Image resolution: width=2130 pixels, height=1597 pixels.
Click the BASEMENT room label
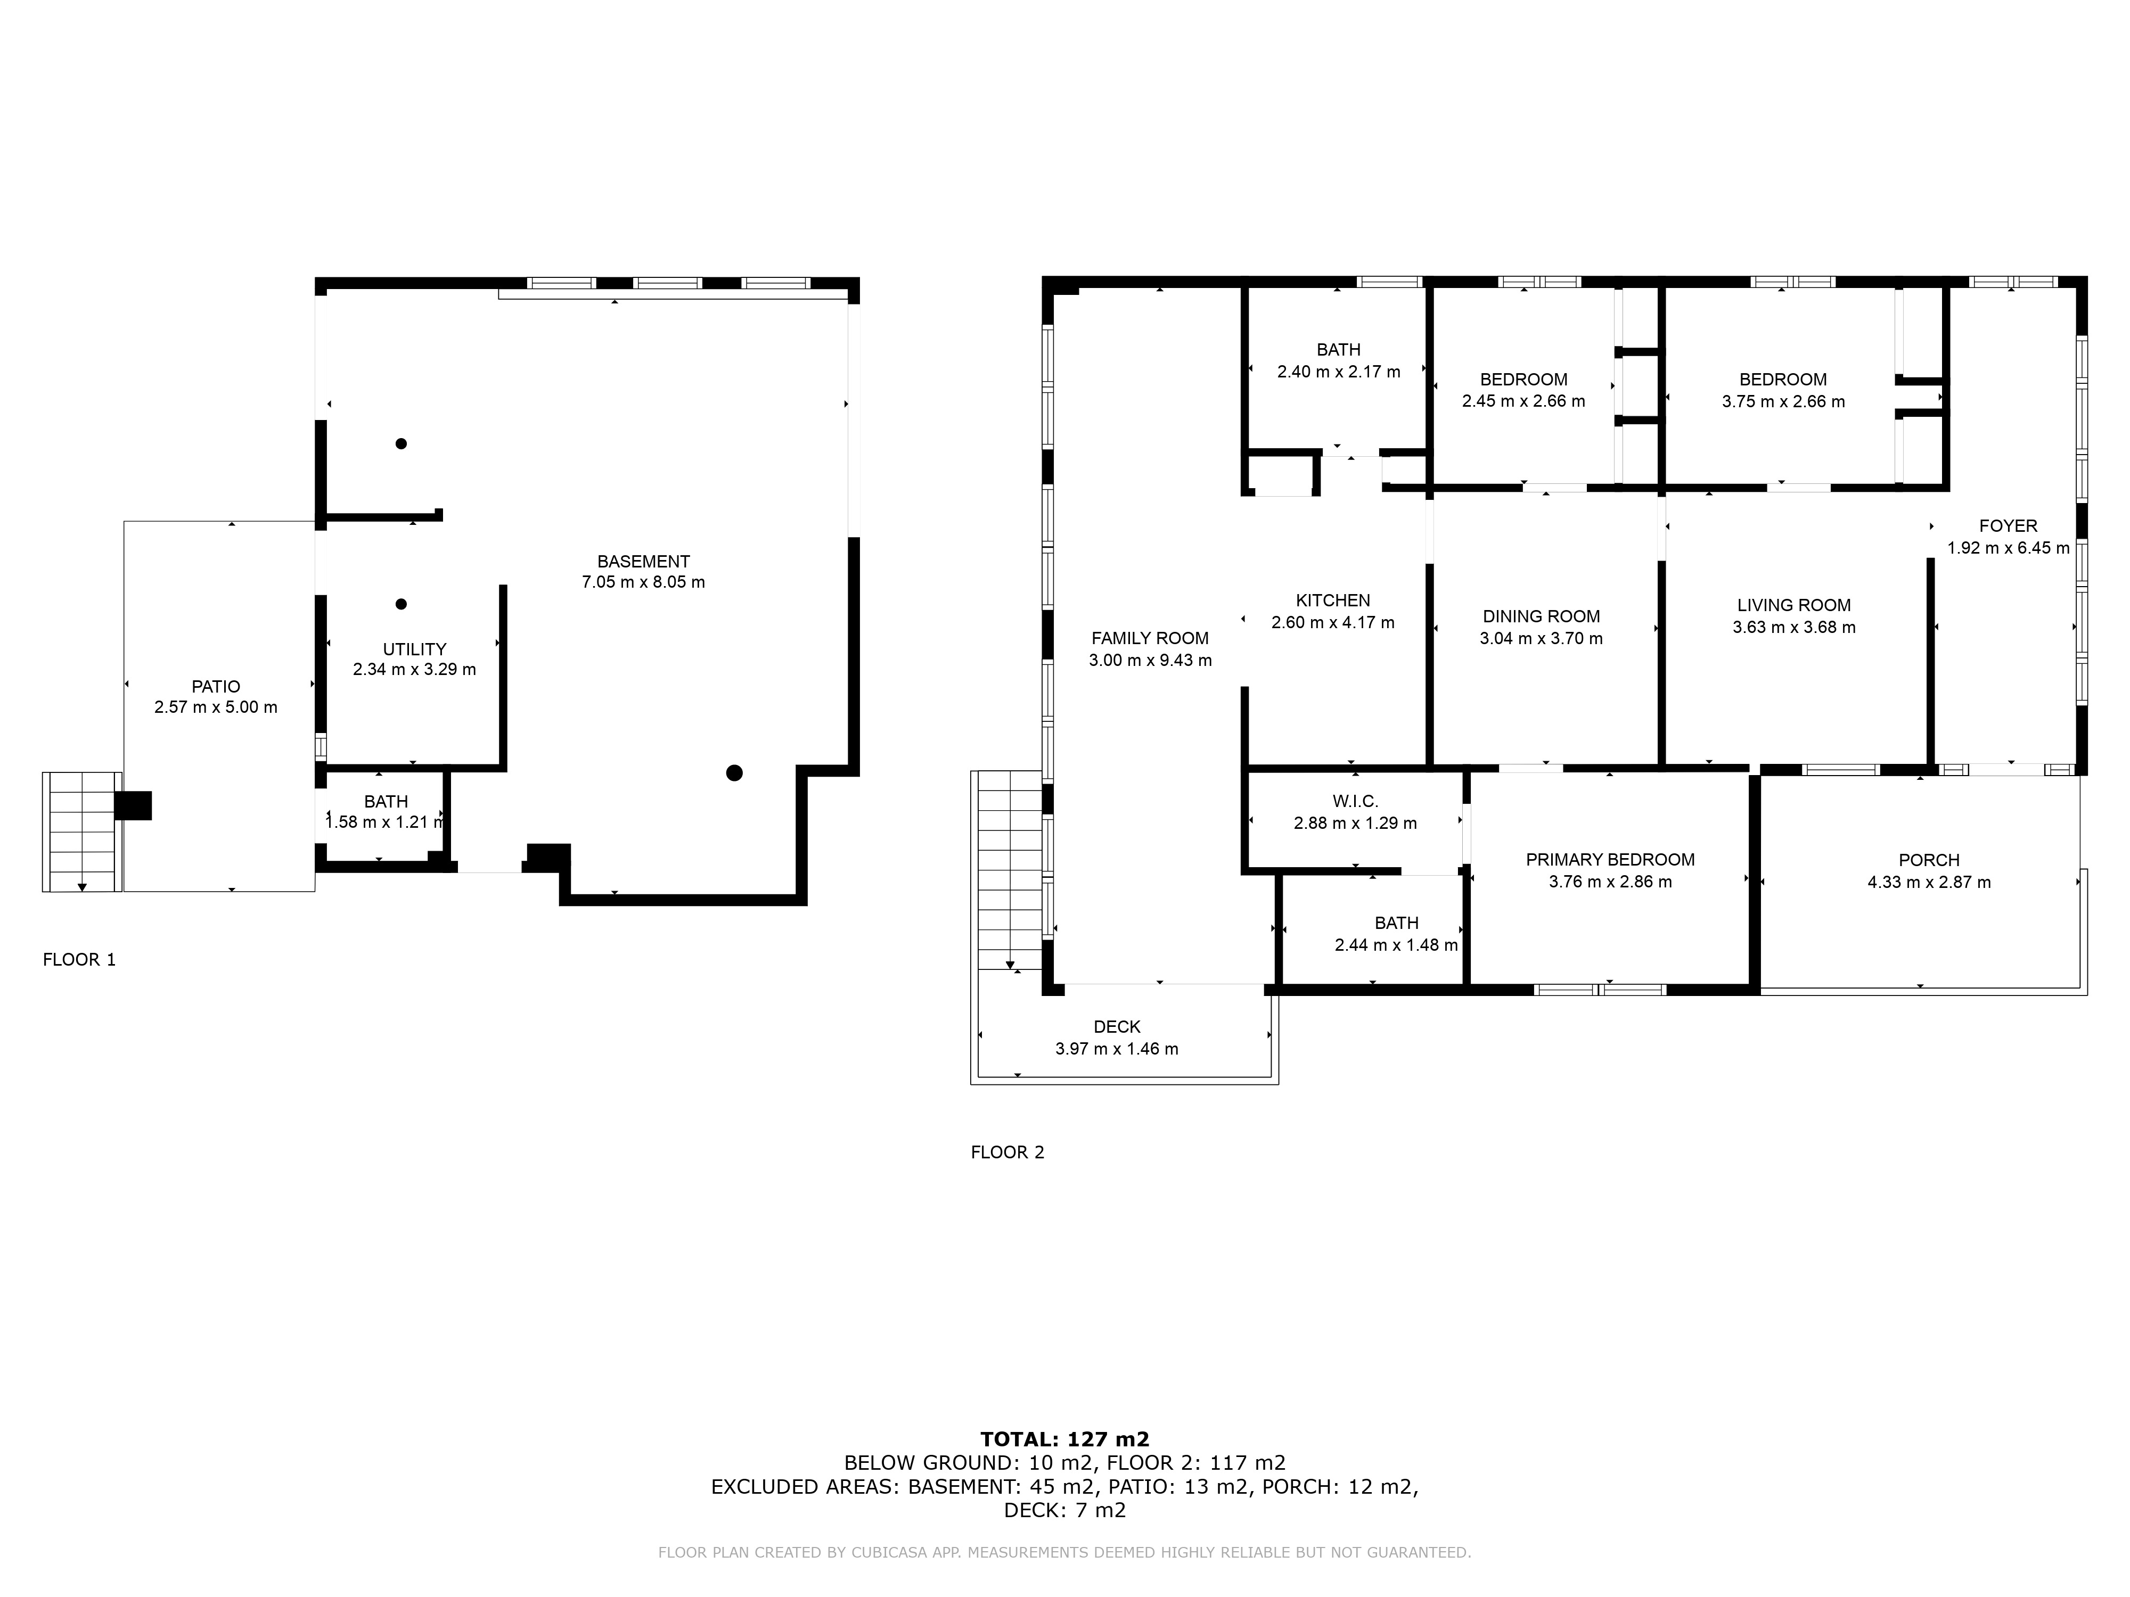click(643, 561)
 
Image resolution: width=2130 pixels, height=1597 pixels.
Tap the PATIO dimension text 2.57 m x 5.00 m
click(216, 707)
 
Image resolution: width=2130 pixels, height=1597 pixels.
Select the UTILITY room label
click(414, 649)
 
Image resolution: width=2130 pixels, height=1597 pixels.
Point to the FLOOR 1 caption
click(79, 960)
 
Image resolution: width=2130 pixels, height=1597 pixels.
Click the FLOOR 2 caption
click(1007, 1153)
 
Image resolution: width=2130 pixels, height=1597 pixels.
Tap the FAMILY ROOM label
click(1150, 638)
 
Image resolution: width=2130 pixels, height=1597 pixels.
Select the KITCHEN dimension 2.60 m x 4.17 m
click(1333, 623)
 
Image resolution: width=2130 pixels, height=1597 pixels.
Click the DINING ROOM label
click(1541, 616)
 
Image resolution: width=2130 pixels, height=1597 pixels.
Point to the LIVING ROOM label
click(1794, 605)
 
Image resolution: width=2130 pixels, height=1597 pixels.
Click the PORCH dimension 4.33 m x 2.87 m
click(1929, 883)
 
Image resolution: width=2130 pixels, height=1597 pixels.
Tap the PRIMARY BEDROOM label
click(1610, 860)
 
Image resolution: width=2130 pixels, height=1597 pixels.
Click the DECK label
click(1117, 1027)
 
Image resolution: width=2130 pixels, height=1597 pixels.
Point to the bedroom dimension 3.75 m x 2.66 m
click(1783, 401)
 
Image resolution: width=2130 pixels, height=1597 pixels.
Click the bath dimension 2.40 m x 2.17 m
click(1339, 372)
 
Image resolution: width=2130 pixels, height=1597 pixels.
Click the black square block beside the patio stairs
click(133, 806)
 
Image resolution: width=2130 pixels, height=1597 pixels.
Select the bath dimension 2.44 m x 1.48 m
click(1396, 945)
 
